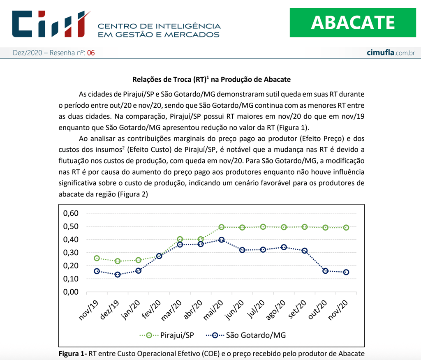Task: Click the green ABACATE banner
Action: pos(353,22)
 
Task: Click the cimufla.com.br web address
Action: pos(390,53)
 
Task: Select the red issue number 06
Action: pos(91,53)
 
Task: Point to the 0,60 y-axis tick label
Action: pos(70,213)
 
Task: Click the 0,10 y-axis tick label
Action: pos(70,279)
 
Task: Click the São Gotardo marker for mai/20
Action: pos(221,240)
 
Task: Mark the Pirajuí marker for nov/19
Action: pos(97,258)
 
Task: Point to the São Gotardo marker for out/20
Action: pos(325,271)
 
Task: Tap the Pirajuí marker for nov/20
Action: pos(346,227)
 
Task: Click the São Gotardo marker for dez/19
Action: pos(118,275)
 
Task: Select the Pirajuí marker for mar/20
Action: pos(180,239)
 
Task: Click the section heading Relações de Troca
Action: pos(211,79)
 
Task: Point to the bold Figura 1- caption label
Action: pos(72,353)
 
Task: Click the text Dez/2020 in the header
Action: pos(27,53)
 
